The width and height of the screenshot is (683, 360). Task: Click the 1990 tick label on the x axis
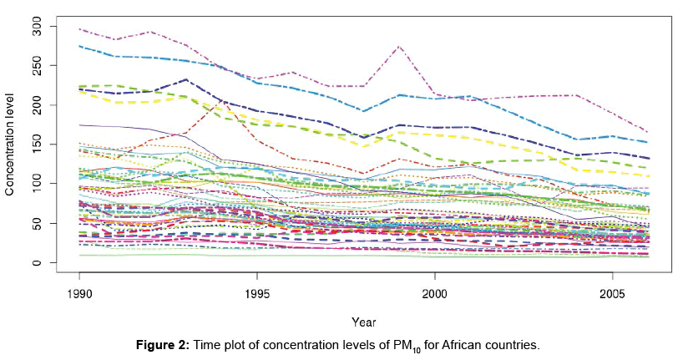pos(79,293)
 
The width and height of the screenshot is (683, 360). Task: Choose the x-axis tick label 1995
pos(257,293)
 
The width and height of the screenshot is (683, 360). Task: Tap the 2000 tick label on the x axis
pos(435,293)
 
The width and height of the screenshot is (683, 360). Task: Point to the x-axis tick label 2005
pos(613,293)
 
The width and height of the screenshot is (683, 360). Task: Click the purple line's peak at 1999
pos(399,47)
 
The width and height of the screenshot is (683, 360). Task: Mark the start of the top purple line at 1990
pos(80,29)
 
